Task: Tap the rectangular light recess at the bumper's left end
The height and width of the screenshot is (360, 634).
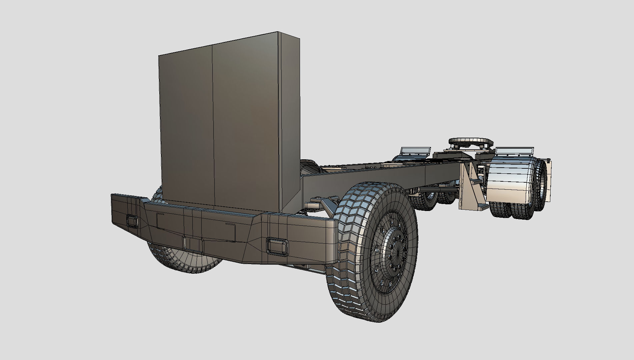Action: point(132,221)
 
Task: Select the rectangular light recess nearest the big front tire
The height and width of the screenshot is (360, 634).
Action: point(277,247)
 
